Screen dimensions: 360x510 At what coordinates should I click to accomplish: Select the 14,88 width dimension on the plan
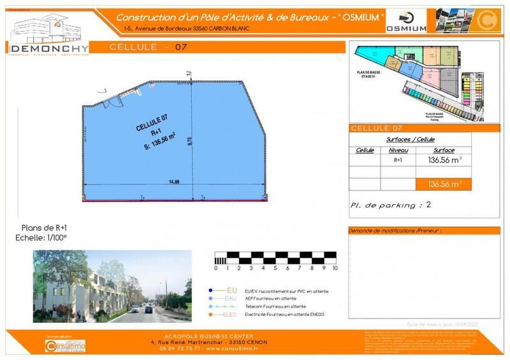173,182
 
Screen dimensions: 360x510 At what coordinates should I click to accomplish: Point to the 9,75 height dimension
189,143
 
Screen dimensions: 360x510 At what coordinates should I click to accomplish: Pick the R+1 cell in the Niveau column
398,161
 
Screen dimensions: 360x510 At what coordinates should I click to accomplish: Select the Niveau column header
398,150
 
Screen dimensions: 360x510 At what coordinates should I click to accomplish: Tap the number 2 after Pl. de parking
428,205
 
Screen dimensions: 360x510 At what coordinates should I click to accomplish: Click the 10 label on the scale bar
335,268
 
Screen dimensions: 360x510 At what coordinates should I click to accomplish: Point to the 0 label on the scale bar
217,268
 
